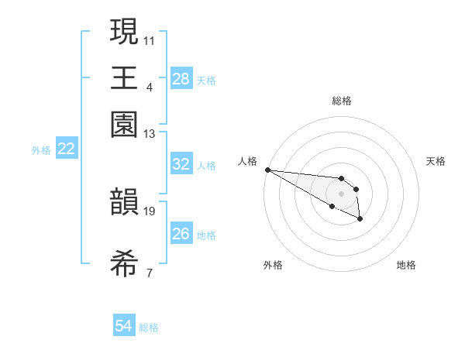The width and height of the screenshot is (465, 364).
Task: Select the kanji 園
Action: click(x=125, y=124)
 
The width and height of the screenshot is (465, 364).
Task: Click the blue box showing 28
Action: click(x=181, y=79)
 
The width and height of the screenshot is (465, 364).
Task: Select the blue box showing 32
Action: click(x=181, y=164)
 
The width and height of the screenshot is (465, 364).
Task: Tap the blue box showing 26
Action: click(x=181, y=234)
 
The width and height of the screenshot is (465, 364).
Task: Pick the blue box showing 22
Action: click(x=67, y=149)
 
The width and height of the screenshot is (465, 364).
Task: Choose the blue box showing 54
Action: click(x=124, y=327)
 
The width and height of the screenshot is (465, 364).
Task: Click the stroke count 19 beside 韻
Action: click(x=150, y=211)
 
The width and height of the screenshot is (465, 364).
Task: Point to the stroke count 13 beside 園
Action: click(x=150, y=134)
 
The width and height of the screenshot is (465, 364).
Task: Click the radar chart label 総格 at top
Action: click(x=342, y=101)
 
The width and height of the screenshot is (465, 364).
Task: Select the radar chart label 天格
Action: click(x=436, y=161)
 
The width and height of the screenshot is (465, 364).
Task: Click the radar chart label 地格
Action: click(x=406, y=265)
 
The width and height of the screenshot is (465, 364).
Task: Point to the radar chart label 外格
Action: click(x=273, y=265)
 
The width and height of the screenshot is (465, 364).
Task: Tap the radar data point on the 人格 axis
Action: click(x=267, y=170)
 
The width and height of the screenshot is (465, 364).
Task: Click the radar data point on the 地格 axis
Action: click(x=360, y=220)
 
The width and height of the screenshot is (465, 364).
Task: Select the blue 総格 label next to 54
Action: click(x=149, y=328)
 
